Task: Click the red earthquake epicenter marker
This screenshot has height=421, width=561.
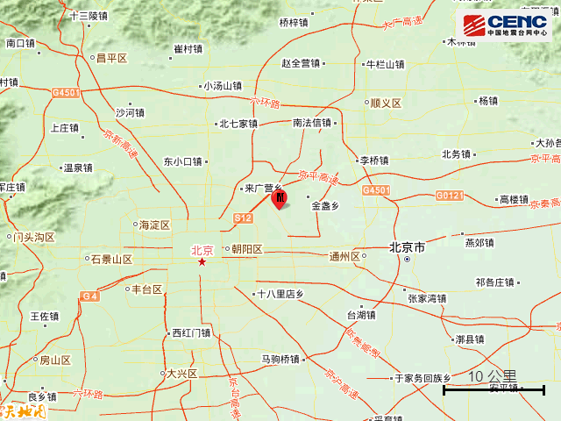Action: tap(279, 199)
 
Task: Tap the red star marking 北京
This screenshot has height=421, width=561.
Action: tap(202, 262)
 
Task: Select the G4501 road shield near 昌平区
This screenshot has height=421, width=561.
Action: tap(66, 91)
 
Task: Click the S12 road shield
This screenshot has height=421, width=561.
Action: tap(243, 218)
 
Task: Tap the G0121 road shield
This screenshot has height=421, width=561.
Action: tap(450, 194)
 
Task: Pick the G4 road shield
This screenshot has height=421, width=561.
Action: tap(89, 296)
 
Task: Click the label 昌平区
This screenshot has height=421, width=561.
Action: tap(111, 58)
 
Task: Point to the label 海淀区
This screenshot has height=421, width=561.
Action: tap(154, 225)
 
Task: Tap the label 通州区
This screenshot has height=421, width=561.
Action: tap(344, 257)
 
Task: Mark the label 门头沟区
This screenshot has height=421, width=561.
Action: tap(33, 237)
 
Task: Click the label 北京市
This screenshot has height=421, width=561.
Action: tap(408, 249)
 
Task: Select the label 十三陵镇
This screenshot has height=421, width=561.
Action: tap(88, 16)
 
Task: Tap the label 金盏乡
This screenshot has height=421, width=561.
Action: tap(325, 207)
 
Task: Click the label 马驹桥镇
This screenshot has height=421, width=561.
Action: tap(280, 359)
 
